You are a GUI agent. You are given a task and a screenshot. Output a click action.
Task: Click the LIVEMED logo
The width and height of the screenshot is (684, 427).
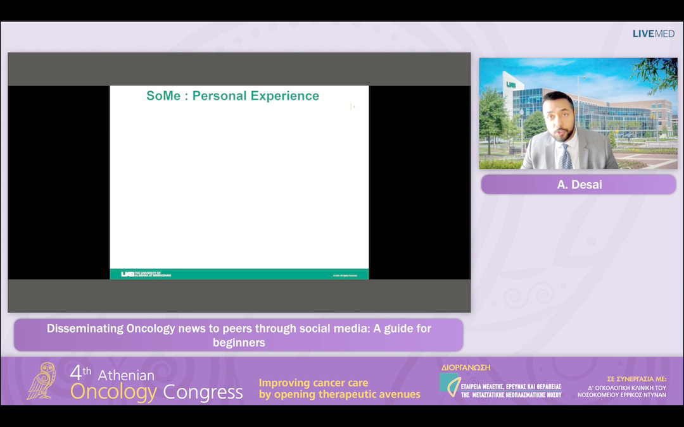point(654,34)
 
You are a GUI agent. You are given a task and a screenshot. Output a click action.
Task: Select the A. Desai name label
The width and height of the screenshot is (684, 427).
point(578,185)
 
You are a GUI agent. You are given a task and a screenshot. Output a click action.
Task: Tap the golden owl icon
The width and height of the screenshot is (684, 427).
point(42,381)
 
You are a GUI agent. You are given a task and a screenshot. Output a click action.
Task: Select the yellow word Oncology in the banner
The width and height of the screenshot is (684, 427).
point(113,392)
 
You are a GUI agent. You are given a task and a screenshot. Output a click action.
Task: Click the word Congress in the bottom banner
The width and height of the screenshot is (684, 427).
point(203,392)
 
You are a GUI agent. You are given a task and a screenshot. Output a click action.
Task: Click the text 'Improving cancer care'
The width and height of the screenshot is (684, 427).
point(313,383)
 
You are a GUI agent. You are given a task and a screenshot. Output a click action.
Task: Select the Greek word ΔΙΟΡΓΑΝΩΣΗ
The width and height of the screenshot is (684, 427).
point(465,368)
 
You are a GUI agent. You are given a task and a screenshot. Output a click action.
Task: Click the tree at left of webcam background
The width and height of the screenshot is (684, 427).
point(492,114)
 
